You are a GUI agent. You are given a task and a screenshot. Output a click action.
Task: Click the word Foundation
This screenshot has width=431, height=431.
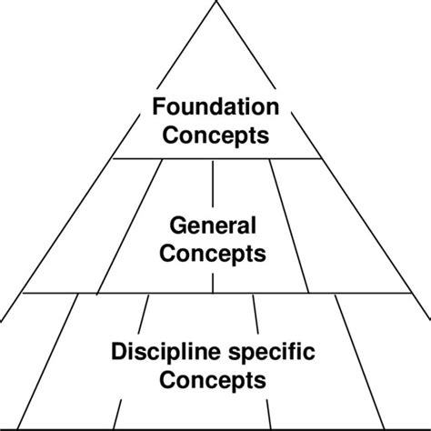click(215, 107)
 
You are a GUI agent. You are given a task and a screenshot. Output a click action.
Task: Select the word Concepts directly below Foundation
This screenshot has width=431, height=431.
click(215, 136)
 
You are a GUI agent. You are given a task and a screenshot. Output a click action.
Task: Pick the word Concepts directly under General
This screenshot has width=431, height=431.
click(215, 254)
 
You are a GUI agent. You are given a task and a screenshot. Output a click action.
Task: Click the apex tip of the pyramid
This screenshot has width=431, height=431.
click(215, 3)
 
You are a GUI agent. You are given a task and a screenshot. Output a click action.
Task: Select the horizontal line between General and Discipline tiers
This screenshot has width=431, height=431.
click(215, 294)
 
